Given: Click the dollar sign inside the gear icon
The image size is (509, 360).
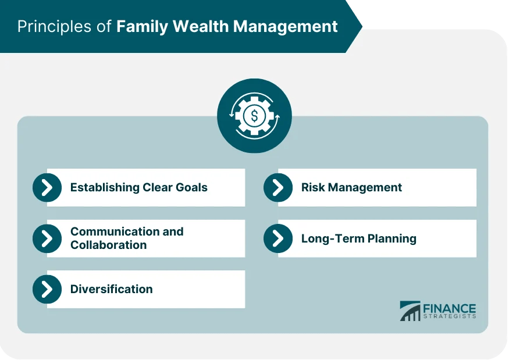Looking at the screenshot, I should pos(254,116).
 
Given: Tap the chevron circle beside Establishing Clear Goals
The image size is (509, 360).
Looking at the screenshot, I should pos(47,187).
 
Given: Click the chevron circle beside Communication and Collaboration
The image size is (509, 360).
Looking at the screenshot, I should pos(47,238).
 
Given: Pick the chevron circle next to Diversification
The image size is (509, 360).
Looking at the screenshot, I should pos(47,289).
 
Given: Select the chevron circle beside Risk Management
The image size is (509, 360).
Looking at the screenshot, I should pos(278,187).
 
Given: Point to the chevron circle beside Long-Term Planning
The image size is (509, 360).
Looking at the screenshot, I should pos(278,238).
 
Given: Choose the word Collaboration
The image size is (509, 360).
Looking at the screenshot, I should pos(108,245).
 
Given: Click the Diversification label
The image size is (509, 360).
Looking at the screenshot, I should pos(111,289).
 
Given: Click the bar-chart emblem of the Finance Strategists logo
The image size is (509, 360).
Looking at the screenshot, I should pos(410,311).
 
